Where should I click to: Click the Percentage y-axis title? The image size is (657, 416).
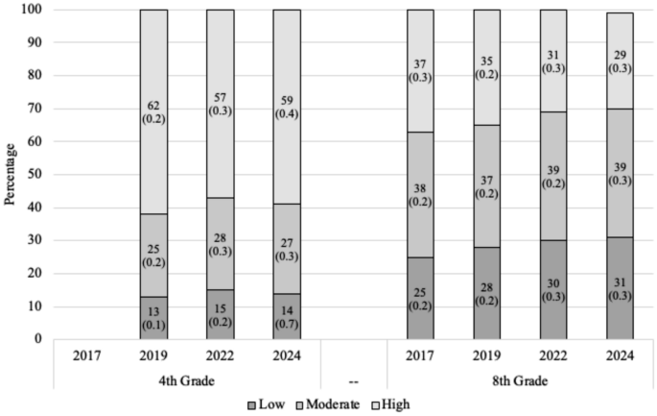pyautogui.click(x=12, y=175)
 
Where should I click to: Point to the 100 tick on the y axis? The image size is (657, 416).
pyautogui.click(x=36, y=11)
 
